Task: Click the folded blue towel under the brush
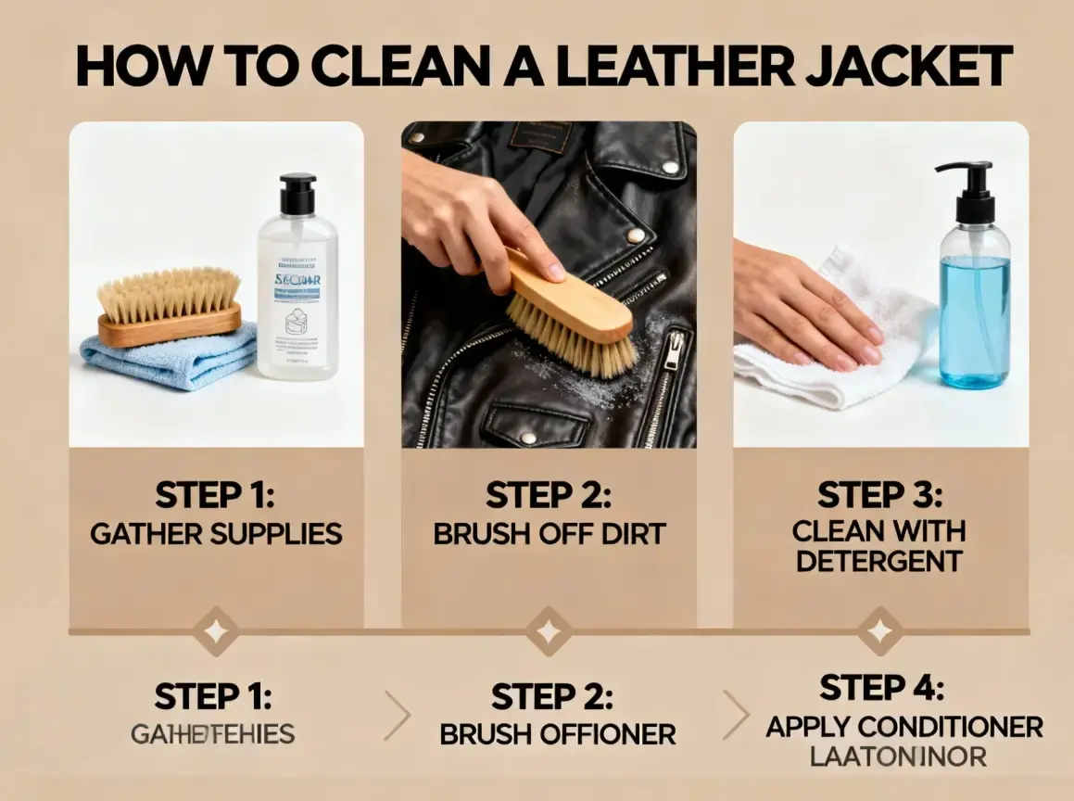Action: (168, 357)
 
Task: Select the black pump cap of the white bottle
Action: (297, 195)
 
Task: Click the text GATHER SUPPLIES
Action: (216, 534)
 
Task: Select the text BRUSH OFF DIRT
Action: (549, 534)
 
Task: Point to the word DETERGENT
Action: (879, 561)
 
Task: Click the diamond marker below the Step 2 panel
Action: (549, 632)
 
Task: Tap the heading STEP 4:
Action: (881, 688)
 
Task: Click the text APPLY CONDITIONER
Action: (904, 726)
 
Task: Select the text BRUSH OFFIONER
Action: (557, 735)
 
